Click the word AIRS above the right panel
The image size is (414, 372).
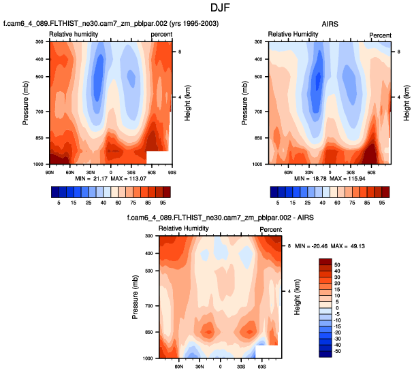pyautogui.click(x=330, y=24)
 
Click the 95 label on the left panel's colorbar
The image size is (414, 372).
pyautogui.click(x=163, y=203)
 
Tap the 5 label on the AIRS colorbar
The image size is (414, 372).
pyautogui.click(x=278, y=203)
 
